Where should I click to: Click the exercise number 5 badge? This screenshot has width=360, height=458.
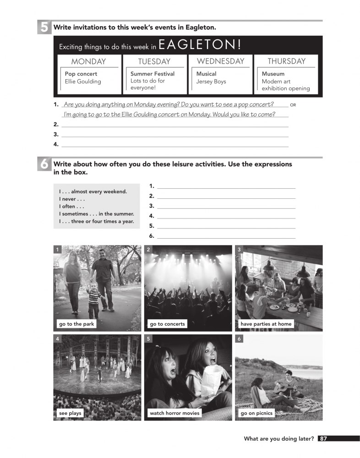tap(44, 27)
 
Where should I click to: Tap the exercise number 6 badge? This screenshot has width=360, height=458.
tap(44, 164)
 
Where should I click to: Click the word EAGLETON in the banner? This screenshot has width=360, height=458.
tap(200, 45)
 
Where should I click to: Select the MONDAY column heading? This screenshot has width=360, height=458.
tap(88, 61)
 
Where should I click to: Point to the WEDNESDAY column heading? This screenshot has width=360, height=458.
tap(220, 61)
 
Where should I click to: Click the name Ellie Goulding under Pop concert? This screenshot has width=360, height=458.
tap(83, 82)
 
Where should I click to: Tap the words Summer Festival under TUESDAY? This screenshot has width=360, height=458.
tap(153, 74)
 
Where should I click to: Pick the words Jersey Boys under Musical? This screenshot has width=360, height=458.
tap(211, 82)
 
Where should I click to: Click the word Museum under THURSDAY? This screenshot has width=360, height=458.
tap(273, 74)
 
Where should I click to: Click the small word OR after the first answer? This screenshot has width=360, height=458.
tap(294, 105)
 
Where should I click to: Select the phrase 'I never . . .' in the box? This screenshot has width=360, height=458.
tap(72, 199)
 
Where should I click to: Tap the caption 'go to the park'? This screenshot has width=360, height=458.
tap(76, 324)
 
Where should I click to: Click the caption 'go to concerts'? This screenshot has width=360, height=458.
tap(167, 324)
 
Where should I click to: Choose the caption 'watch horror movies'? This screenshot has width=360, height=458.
tap(175, 413)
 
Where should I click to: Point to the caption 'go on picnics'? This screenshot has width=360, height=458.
tap(256, 413)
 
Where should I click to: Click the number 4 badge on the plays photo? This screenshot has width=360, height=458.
tap(57, 338)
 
